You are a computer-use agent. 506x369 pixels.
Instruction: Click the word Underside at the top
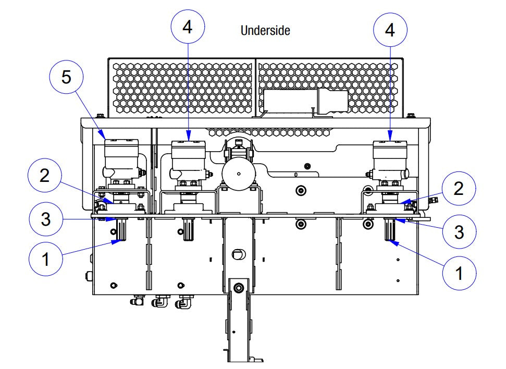[265, 31]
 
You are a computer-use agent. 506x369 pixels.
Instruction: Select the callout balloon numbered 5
[66, 77]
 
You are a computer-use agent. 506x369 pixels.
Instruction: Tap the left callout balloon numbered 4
[187, 27]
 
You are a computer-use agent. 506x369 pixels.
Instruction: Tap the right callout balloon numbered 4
[389, 30]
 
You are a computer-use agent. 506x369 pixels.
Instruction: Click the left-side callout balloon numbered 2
[44, 176]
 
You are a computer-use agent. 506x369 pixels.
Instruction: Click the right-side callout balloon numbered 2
[458, 189]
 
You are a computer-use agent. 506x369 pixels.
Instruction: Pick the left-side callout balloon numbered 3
[46, 219]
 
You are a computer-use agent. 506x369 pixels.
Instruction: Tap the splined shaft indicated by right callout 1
[390, 230]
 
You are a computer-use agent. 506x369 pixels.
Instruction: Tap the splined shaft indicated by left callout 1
[120, 230]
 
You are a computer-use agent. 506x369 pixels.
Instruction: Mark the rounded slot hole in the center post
[238, 254]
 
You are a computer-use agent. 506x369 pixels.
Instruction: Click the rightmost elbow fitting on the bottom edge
[184, 302]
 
